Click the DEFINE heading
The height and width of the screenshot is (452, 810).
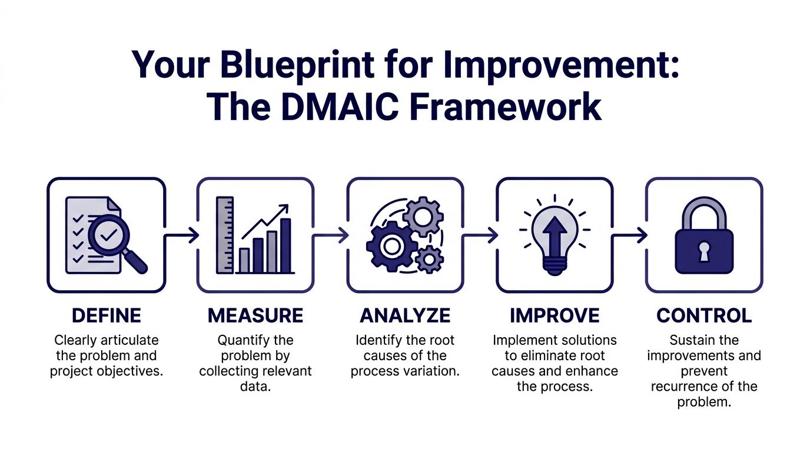tap(106, 315)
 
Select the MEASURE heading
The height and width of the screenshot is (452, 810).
tap(255, 315)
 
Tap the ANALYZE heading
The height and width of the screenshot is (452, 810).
tap(405, 315)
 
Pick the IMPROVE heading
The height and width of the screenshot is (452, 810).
tap(555, 315)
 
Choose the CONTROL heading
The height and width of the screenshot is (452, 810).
tap(704, 315)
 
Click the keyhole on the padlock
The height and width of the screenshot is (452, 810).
tap(704, 252)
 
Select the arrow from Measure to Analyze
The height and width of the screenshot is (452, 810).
tap(331, 236)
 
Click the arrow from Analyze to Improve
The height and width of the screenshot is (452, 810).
tap(480, 236)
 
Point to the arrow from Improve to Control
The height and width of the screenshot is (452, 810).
tap(630, 236)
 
